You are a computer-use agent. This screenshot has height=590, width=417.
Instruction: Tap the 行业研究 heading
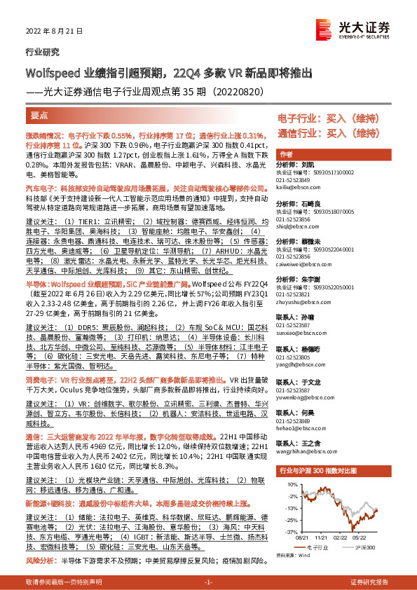(x=42, y=52)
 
